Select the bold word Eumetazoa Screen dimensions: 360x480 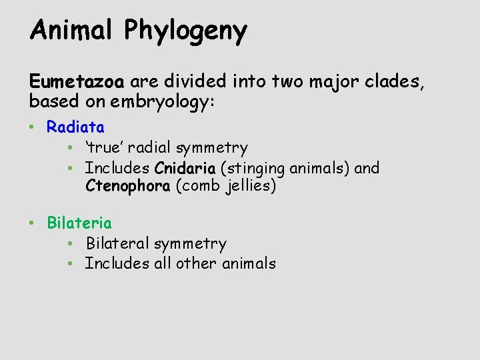[x=77, y=82]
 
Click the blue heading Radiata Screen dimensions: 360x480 [x=75, y=126]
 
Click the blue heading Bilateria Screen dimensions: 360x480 [x=79, y=223]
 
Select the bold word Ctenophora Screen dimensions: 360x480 [x=128, y=186]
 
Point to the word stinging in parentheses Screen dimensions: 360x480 [x=257, y=169]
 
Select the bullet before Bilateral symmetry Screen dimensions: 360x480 [x=71, y=244]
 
